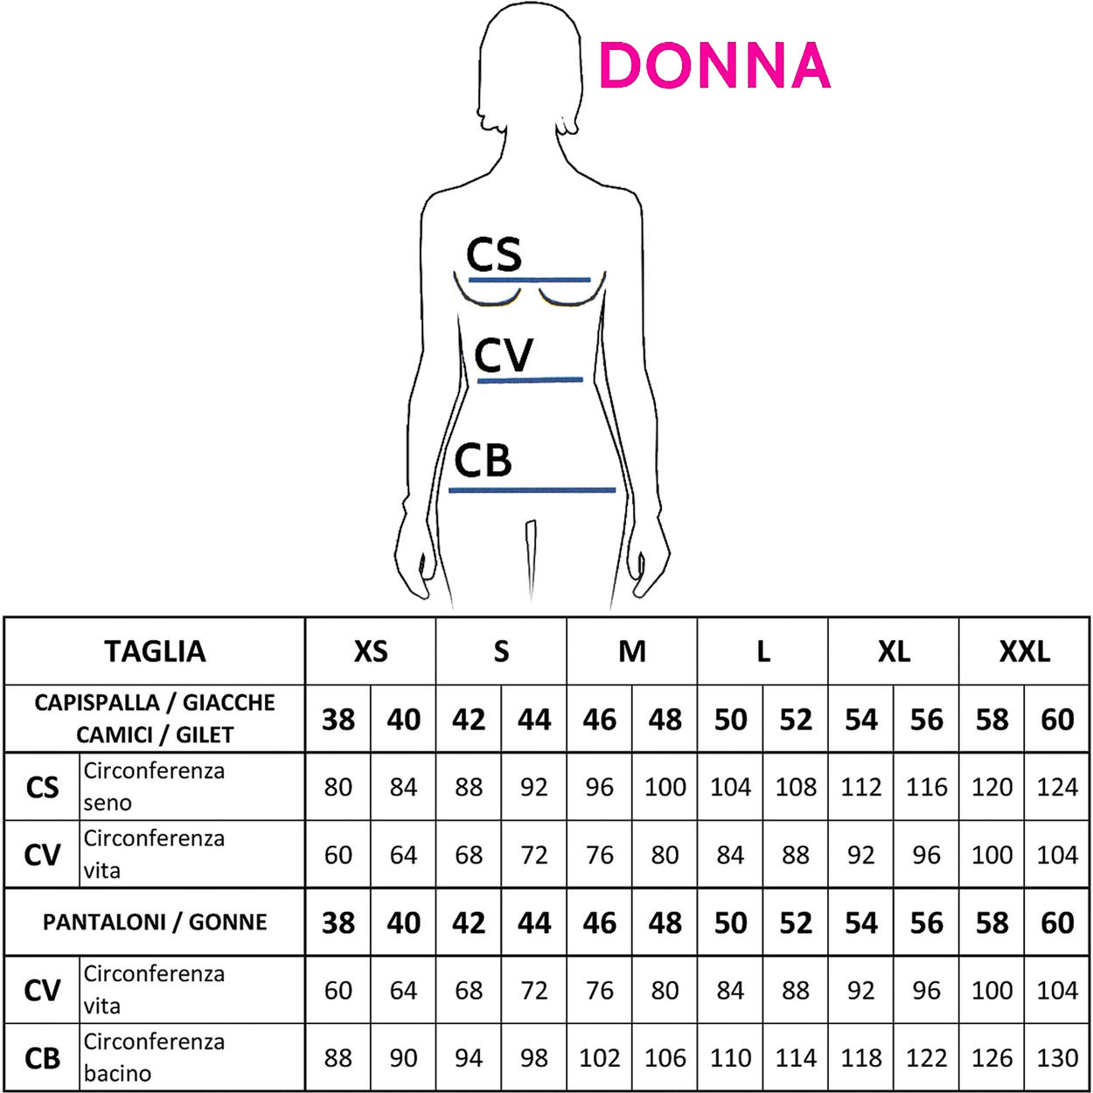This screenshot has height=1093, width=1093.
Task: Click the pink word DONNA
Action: [714, 66]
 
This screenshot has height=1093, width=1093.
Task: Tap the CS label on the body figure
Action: [493, 254]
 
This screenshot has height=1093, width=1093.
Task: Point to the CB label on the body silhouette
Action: [483, 461]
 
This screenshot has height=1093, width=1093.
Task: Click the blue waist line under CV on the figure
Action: [530, 380]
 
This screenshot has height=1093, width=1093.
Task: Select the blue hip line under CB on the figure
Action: [532, 491]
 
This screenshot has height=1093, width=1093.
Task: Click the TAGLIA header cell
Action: [155, 651]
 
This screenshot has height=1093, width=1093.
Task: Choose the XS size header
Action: [370, 651]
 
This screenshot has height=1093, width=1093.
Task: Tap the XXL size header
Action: [1024, 651]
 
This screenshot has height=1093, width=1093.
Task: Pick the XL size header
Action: [894, 651]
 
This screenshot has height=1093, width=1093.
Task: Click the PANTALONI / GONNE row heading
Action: [155, 922]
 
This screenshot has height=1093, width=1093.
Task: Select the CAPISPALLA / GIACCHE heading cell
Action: [155, 719]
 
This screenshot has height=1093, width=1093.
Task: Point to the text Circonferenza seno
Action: [154, 786]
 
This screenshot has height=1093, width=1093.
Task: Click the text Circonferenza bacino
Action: [154, 1057]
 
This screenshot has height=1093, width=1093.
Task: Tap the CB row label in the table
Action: [42, 1058]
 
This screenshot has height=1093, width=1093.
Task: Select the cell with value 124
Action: [1057, 787]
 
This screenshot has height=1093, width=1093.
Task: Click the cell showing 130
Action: [1057, 1058]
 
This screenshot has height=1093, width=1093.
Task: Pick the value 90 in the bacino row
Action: [403, 1058]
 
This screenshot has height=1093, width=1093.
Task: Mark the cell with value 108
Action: [796, 787]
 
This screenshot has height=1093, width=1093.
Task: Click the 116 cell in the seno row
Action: [926, 787]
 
